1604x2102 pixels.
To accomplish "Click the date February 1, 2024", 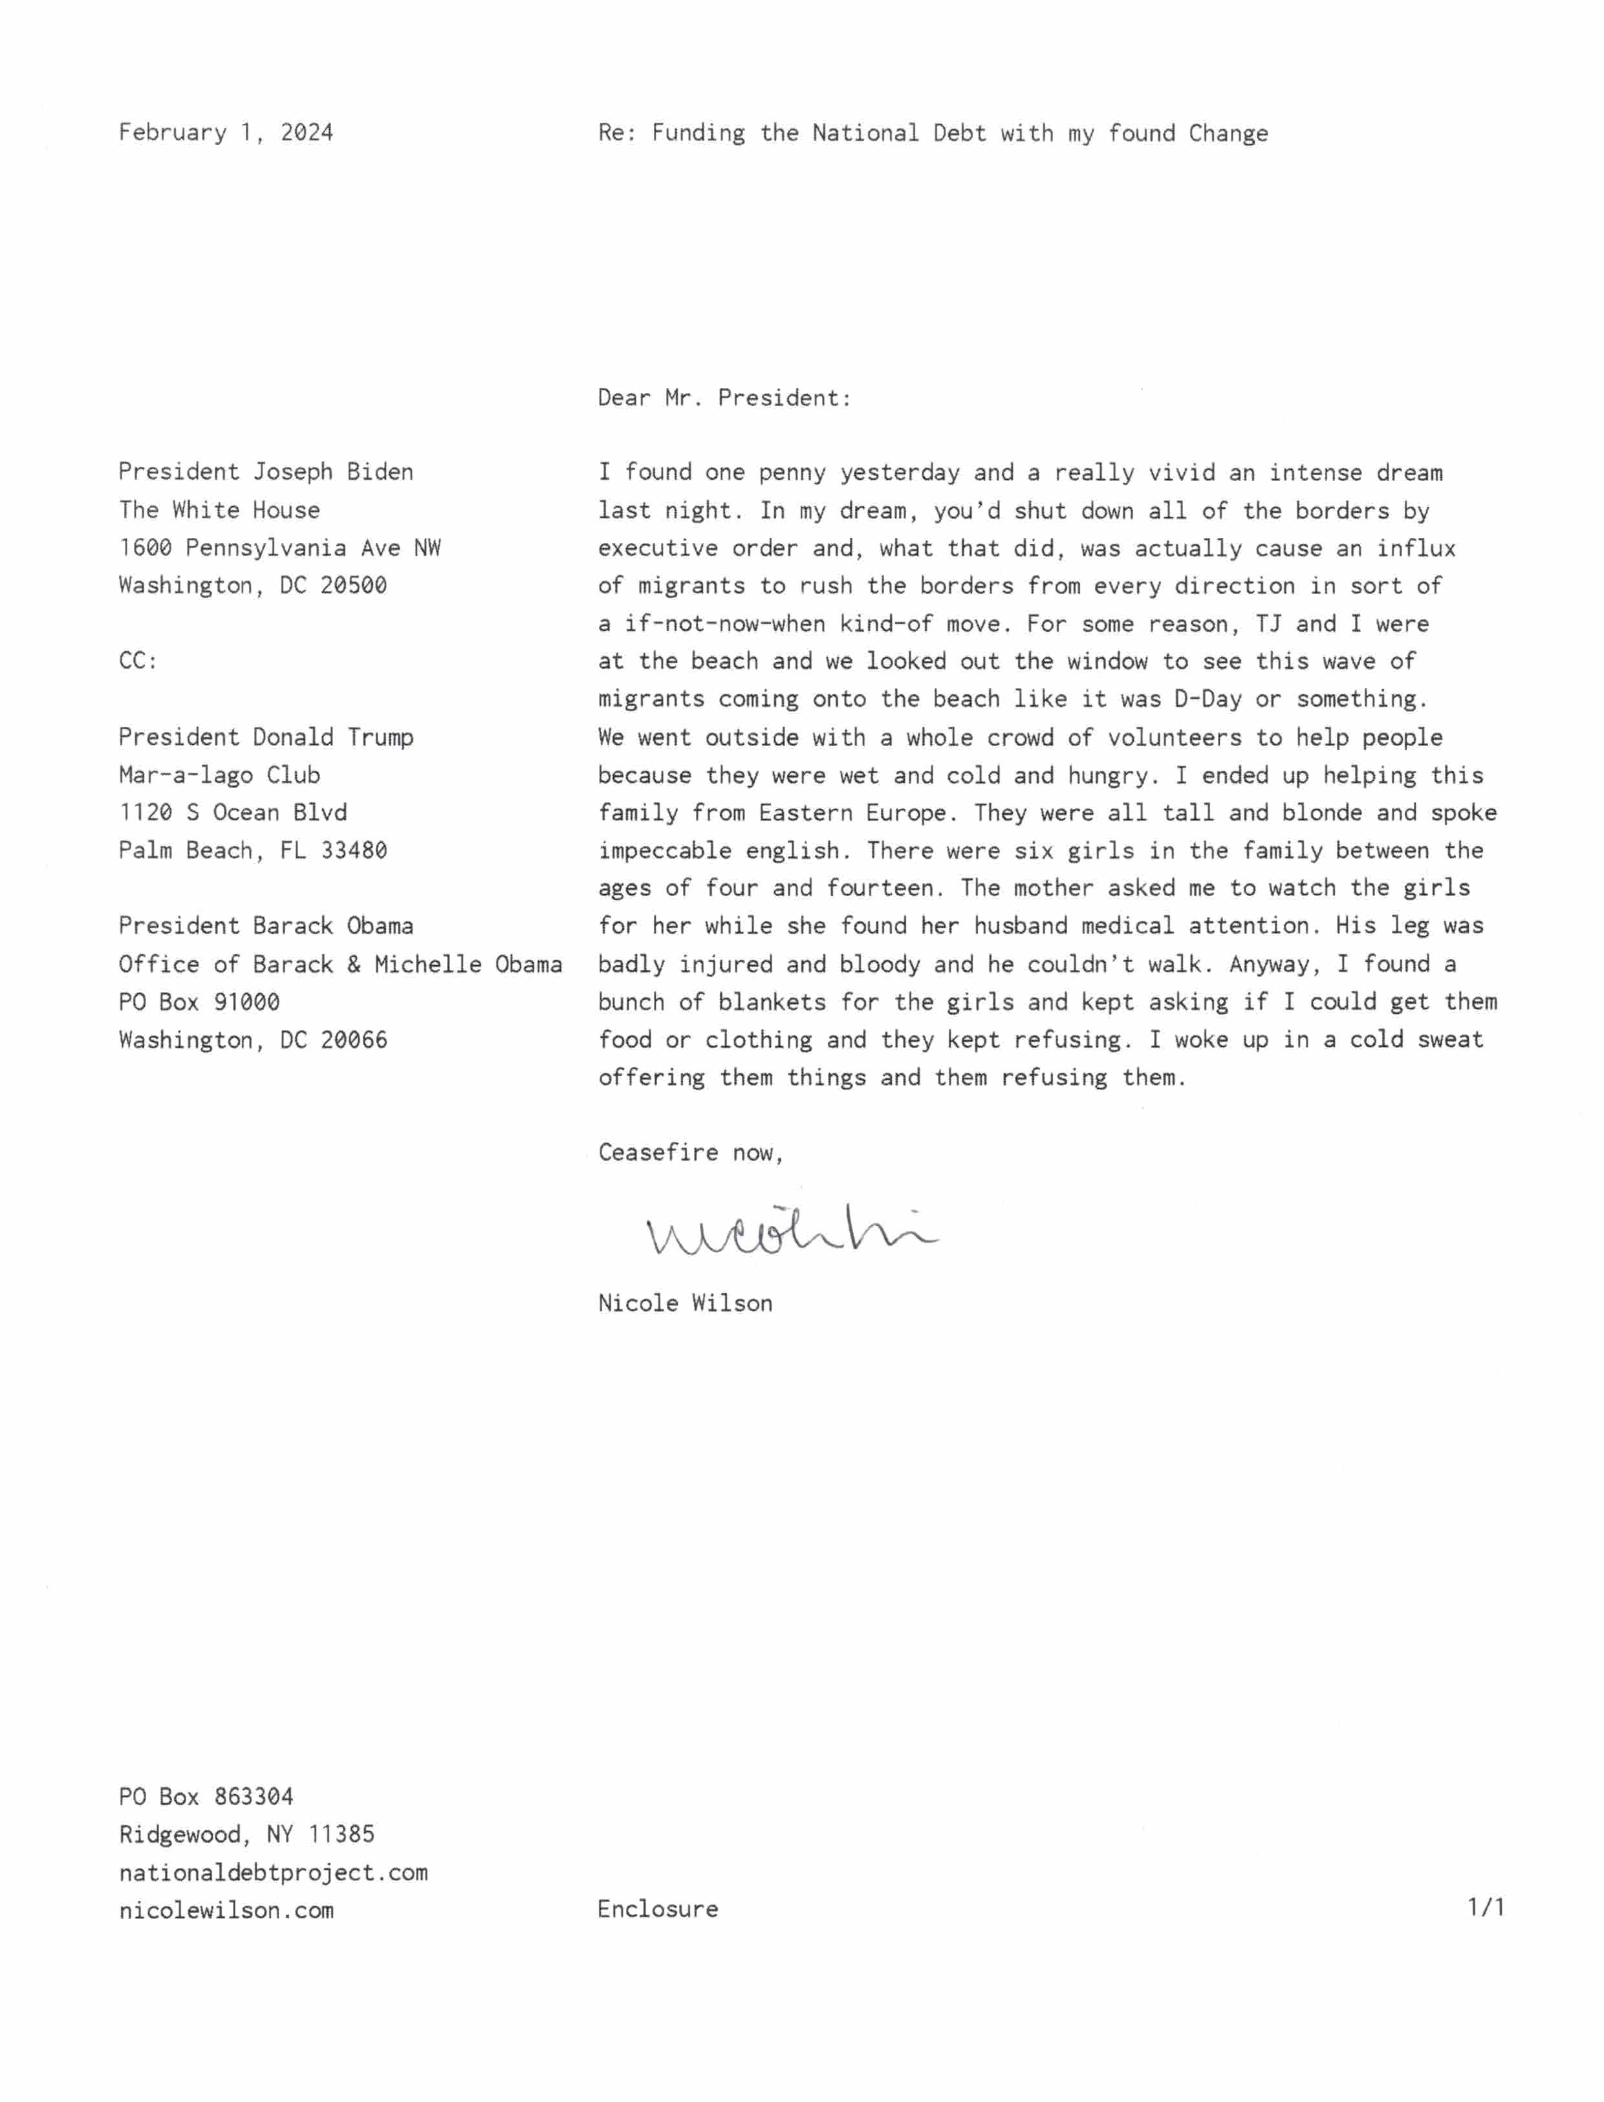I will pyautogui.click(x=225, y=132).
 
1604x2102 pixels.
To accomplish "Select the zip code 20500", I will pyautogui.click(x=353, y=584).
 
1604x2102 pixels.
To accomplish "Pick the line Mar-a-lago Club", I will pyautogui.click(x=219, y=774).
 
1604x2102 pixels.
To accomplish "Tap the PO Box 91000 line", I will pyautogui.click(x=199, y=1002).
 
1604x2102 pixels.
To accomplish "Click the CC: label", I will pyautogui.click(x=138, y=661).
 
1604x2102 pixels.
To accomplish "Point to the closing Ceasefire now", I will pyautogui.click(x=690, y=1152).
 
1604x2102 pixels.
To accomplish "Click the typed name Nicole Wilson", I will pyautogui.click(x=684, y=1303).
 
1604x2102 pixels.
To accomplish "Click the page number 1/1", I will pyautogui.click(x=1486, y=1907).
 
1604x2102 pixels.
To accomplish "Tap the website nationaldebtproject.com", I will pyautogui.click(x=273, y=1872).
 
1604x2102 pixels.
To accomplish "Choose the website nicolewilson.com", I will pyautogui.click(x=226, y=1910).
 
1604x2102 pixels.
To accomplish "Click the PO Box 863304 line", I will pyautogui.click(x=205, y=1797).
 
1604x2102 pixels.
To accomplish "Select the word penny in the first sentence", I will pyautogui.click(x=792, y=473).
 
